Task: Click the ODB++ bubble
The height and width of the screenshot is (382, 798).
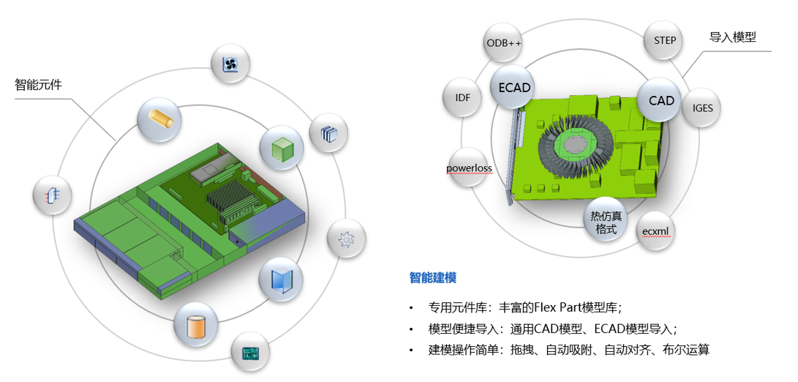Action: [x=504, y=42]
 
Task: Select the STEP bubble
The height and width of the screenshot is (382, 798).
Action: [x=665, y=41]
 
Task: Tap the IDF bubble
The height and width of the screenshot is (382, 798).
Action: [x=463, y=97]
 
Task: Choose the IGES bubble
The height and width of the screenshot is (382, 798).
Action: [x=702, y=108]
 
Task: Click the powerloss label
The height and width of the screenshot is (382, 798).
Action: [x=469, y=168]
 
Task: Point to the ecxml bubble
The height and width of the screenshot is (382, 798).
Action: [x=656, y=232]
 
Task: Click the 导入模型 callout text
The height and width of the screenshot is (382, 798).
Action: [x=733, y=37]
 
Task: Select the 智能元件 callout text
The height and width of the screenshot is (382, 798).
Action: [x=39, y=85]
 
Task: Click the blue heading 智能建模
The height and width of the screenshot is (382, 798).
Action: [x=433, y=277]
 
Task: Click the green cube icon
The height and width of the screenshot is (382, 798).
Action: [x=281, y=147]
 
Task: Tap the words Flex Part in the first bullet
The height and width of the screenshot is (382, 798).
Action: [x=557, y=307]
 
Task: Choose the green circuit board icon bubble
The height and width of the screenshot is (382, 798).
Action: [x=252, y=353]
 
